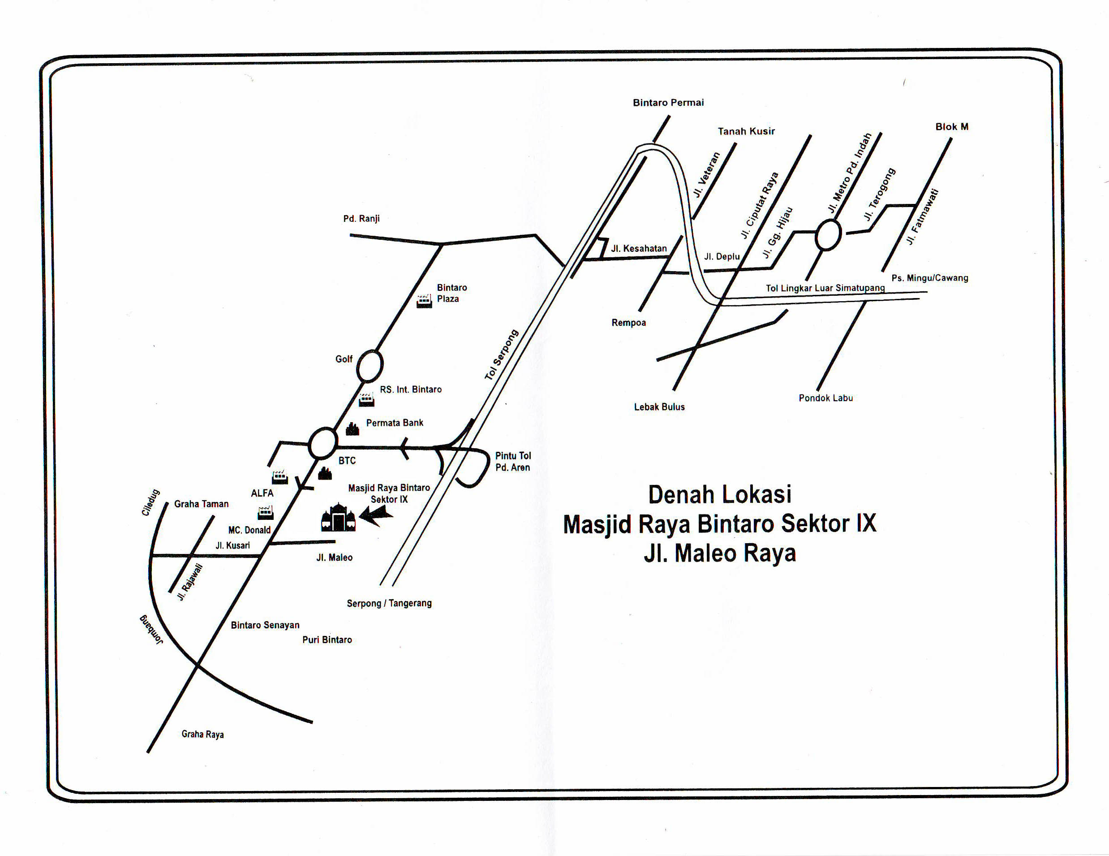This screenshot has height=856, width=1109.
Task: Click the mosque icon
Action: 338,518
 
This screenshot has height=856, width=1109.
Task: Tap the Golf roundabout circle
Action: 369,366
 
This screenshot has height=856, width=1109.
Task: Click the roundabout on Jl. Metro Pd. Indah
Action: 828,235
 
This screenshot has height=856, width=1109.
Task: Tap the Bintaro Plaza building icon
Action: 424,302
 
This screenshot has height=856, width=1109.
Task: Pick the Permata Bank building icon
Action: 352,429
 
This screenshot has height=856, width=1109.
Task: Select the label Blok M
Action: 952,127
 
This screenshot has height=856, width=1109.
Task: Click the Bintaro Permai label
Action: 668,103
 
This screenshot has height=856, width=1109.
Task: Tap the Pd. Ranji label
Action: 361,218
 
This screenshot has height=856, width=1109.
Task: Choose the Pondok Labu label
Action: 825,398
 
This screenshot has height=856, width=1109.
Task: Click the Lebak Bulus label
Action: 659,407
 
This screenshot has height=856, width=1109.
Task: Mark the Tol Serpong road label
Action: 501,355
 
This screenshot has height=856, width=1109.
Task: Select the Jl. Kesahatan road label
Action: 639,248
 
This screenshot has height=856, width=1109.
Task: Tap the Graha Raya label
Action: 202,734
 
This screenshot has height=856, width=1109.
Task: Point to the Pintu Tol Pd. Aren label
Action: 513,461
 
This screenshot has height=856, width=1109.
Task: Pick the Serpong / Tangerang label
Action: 389,604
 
